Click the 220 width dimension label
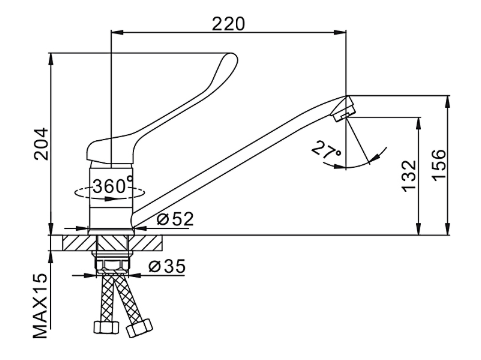[228, 24]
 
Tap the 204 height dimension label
[42, 144]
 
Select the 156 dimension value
[439, 165]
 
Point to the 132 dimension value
[409, 176]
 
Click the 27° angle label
[327, 150]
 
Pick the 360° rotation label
[112, 185]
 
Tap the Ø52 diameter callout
[175, 219]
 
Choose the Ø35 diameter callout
[167, 266]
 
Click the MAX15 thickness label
[40, 305]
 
